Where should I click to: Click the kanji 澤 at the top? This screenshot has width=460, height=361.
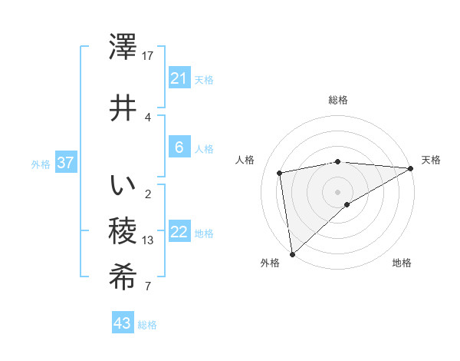click(x=123, y=48)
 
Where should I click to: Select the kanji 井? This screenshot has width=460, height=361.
click(x=123, y=108)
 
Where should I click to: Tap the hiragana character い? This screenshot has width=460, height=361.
click(x=123, y=186)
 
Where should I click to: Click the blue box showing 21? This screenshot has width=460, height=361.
click(x=179, y=78)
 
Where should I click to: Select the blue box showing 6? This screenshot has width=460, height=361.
click(x=179, y=147)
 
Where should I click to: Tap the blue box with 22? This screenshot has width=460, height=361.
click(x=179, y=233)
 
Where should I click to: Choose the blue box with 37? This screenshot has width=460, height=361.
click(x=65, y=163)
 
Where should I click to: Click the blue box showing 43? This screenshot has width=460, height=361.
click(x=123, y=323)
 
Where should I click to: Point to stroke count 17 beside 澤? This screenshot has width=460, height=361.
click(x=148, y=56)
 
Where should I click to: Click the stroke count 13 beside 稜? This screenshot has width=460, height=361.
click(x=148, y=240)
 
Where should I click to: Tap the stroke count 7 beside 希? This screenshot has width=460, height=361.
click(x=148, y=286)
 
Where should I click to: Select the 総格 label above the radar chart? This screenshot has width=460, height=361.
click(x=337, y=101)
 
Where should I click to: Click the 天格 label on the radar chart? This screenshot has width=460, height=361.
click(x=431, y=160)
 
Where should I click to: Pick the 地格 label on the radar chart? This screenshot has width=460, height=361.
click(x=402, y=263)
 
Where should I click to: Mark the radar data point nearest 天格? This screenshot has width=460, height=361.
click(x=411, y=169)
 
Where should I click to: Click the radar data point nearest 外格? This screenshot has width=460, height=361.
click(x=291, y=253)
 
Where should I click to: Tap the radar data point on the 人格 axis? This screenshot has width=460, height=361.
click(x=280, y=173)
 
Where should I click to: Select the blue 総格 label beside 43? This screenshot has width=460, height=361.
click(x=147, y=325)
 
